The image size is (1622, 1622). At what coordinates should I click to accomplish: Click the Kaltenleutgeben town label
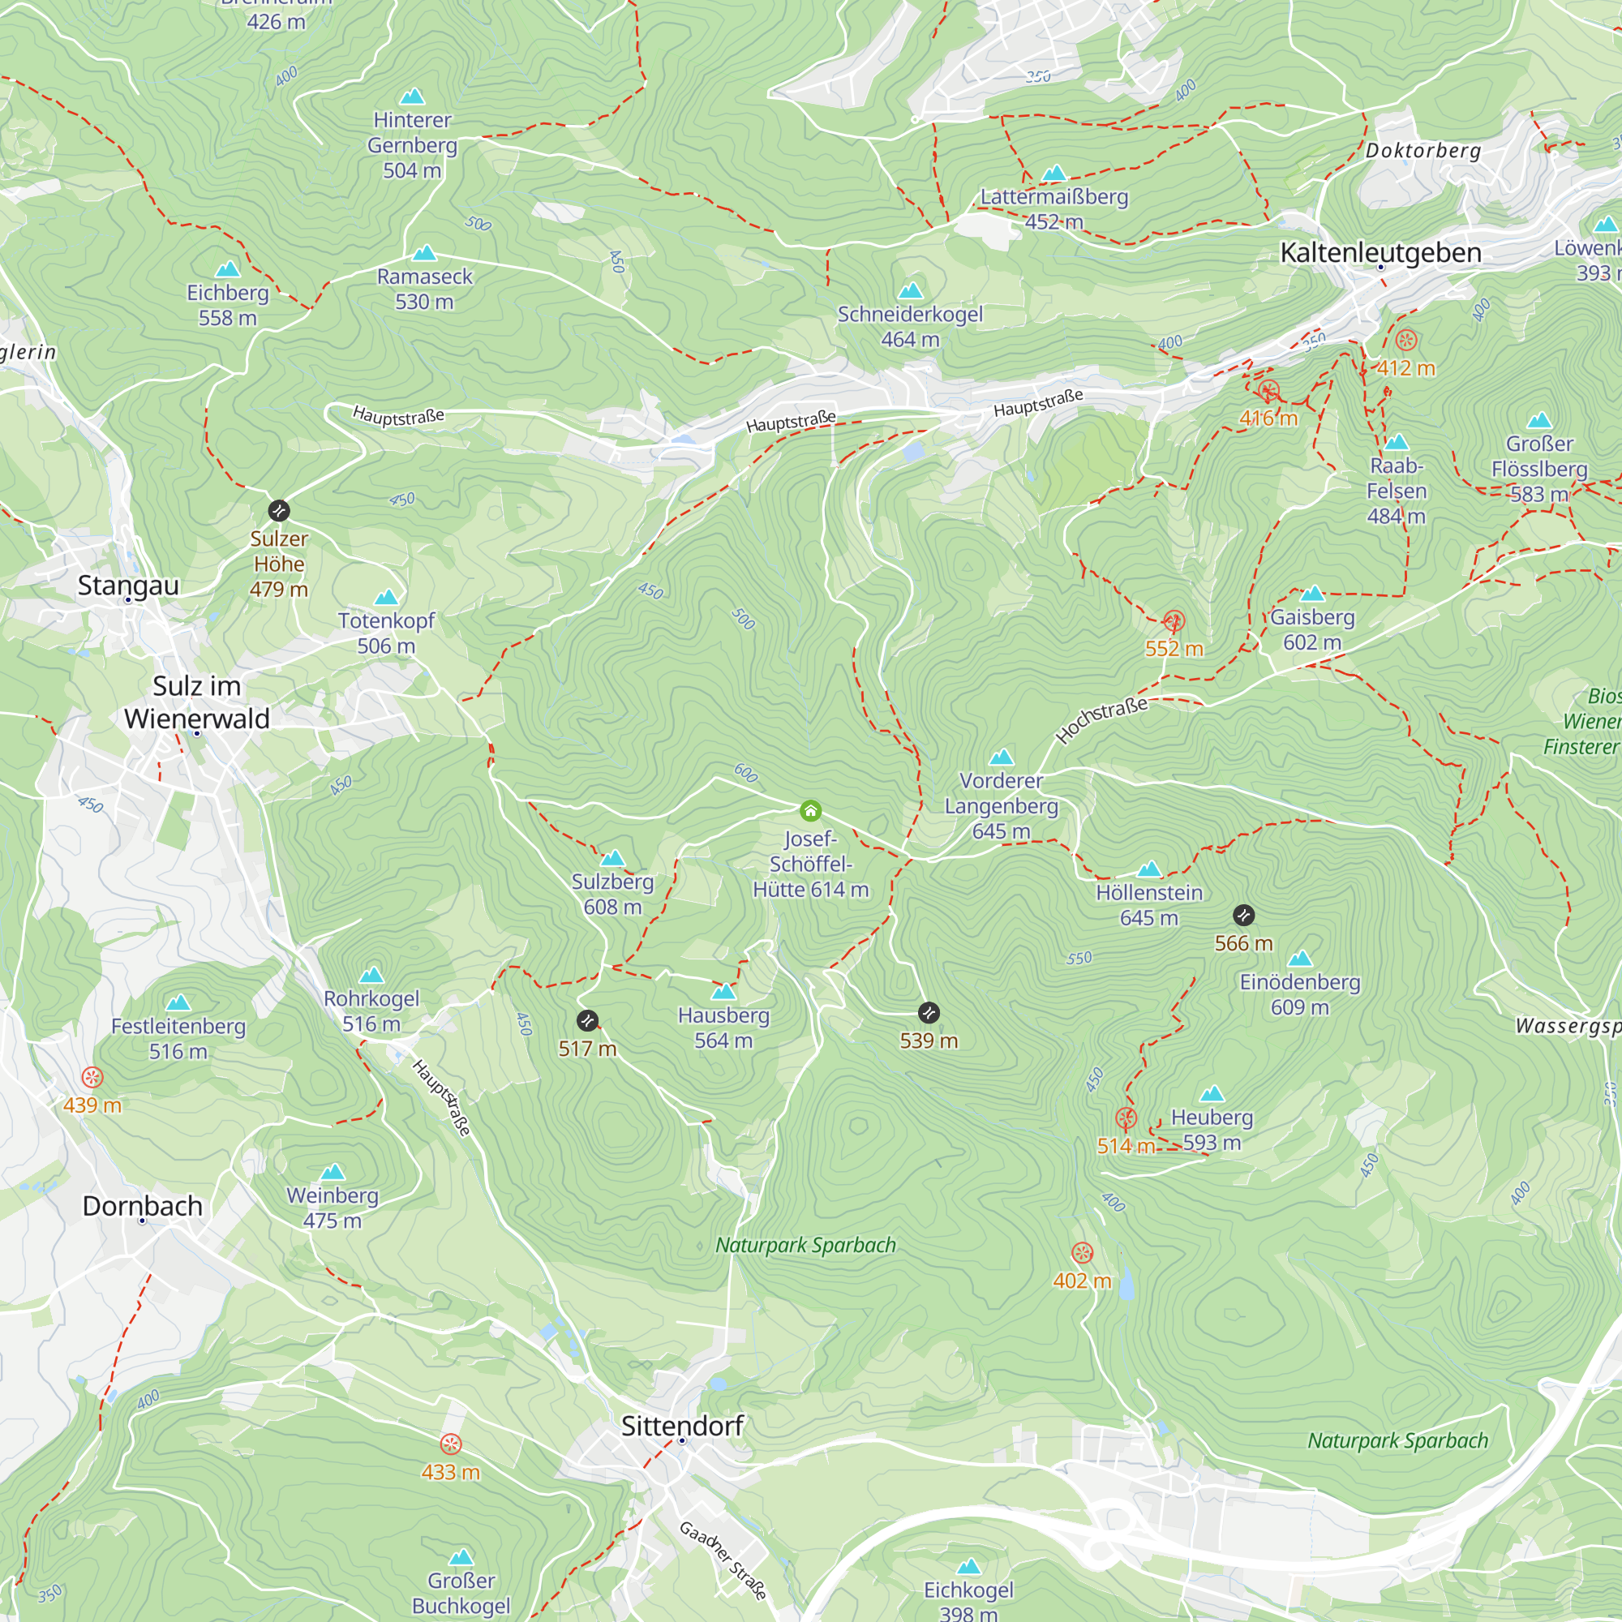coord(1380,253)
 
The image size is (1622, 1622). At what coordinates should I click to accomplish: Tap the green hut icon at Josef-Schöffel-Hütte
coord(810,810)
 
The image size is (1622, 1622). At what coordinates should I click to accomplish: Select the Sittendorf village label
coord(683,1426)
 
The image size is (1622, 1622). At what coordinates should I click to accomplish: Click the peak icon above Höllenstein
coord(1149,869)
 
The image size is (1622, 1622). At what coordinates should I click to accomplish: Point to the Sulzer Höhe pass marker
coord(279,510)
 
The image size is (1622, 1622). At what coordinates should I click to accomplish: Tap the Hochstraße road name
coord(1101,719)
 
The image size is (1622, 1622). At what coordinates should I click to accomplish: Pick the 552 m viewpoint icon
coord(1174,621)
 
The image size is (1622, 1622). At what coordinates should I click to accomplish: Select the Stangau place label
coord(128,586)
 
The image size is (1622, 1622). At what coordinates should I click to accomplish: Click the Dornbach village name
coord(143,1206)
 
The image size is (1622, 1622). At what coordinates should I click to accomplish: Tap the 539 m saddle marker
coord(929,1012)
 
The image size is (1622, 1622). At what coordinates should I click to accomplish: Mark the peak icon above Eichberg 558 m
coord(228,269)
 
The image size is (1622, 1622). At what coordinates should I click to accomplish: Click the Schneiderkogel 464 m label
coord(910,326)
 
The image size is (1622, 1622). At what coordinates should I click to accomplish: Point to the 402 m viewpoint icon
coord(1082,1254)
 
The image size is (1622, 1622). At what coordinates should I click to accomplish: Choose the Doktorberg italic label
coord(1423,151)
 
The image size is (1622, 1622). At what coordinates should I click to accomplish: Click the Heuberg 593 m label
coord(1212,1129)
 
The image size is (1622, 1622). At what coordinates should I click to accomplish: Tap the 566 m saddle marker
coord(1244,915)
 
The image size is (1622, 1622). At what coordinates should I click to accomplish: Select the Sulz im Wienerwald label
coord(196,702)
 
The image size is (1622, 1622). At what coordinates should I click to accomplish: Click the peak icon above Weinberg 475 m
coord(333,1172)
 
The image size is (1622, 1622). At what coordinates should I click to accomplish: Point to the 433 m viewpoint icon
coord(451,1444)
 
